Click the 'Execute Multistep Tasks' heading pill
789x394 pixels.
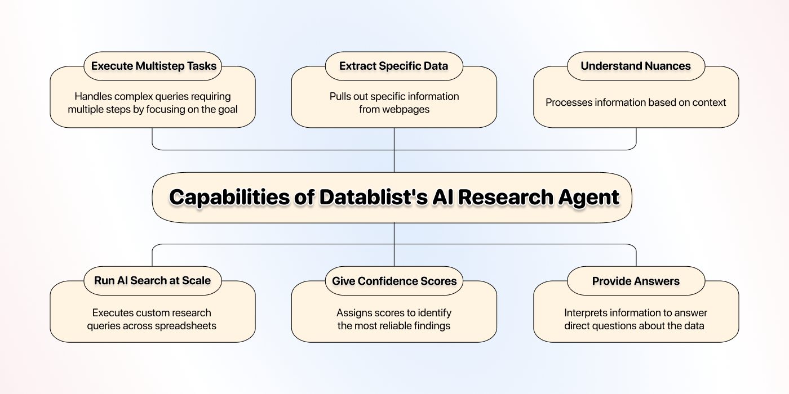point(153,66)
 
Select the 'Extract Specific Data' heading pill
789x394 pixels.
point(394,66)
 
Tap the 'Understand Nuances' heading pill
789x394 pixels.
point(636,66)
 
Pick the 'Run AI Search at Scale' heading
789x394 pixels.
point(153,281)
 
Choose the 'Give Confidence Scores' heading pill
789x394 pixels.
point(394,281)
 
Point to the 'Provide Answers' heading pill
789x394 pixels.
point(636,281)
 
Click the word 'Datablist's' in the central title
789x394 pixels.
point(373,197)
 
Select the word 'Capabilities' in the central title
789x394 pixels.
point(229,198)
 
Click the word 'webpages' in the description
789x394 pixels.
point(394,109)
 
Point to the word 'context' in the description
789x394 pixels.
point(709,102)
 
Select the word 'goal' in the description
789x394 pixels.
point(228,110)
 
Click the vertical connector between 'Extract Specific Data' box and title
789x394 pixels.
point(394,150)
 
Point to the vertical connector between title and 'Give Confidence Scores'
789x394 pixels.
point(394,244)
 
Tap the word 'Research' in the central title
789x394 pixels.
point(506,197)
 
